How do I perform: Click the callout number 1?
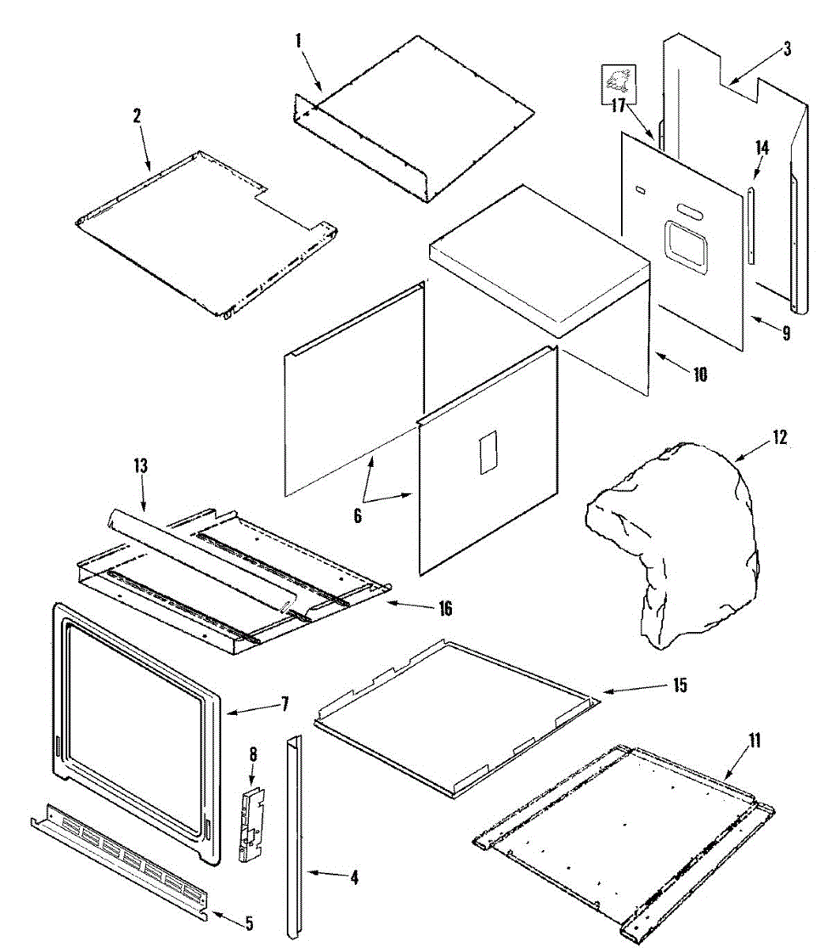coord(299,41)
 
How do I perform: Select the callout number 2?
coord(137,115)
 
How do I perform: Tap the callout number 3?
coord(787,49)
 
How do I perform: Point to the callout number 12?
coord(780,437)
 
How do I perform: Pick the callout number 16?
coord(445,608)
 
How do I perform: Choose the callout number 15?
coord(680,685)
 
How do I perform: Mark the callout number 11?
coord(755,740)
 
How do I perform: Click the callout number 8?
coord(253,754)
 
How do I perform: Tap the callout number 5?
coord(249,922)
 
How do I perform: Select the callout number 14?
coord(762,148)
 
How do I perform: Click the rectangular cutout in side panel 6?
coord(488,452)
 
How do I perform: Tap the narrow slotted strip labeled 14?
coord(751,225)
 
